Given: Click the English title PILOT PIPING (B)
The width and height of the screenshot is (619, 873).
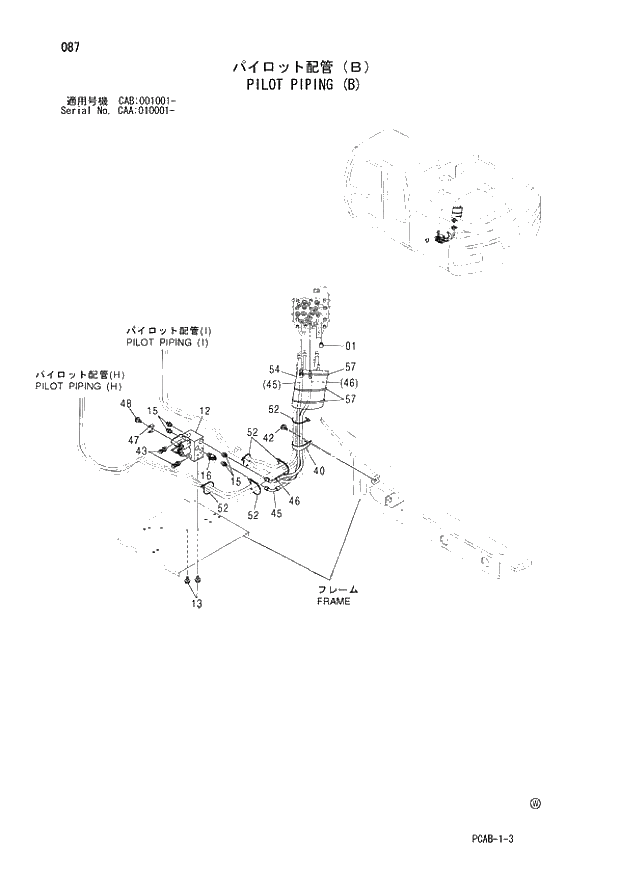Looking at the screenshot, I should coord(301,85).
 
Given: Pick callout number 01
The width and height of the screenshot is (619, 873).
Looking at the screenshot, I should coord(349,347).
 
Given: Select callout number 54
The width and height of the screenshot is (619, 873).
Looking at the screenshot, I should coord(274,369).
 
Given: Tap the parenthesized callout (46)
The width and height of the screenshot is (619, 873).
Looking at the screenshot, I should coord(349,383).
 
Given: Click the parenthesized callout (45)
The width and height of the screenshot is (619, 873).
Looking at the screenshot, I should coord(270,384).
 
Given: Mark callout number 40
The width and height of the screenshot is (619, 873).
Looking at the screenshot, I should coord(318,471).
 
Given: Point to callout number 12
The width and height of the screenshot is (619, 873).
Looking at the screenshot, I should coord(204,411).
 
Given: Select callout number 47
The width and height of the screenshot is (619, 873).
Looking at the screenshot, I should coord(132,439).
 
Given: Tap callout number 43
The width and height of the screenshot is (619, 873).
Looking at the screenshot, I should coord(142,451).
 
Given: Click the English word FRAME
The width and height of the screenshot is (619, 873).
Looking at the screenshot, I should coord(334,602).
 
